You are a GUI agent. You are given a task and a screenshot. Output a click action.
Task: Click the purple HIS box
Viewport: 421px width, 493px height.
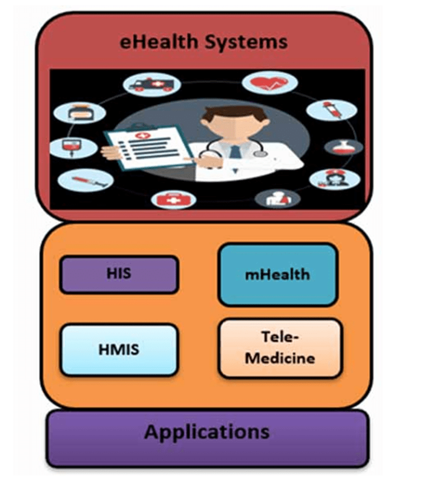coord(119,275)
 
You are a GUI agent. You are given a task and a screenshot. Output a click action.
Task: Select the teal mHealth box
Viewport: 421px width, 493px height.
coord(277,275)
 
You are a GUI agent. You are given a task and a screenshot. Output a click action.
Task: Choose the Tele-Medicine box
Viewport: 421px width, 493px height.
coord(279,348)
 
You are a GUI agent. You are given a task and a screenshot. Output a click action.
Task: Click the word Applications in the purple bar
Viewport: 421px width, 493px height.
coord(207,432)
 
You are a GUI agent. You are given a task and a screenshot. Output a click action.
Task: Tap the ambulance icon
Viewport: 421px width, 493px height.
coord(151,85)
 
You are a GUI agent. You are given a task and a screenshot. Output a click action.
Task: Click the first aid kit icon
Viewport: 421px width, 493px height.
coord(169,199)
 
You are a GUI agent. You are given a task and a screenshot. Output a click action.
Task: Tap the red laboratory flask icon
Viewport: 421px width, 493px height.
coord(344,147)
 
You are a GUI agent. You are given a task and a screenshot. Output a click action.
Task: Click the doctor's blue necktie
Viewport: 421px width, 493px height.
coord(236,151)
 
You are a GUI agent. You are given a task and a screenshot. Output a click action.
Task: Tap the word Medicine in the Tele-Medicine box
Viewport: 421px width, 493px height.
coord(279,357)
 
